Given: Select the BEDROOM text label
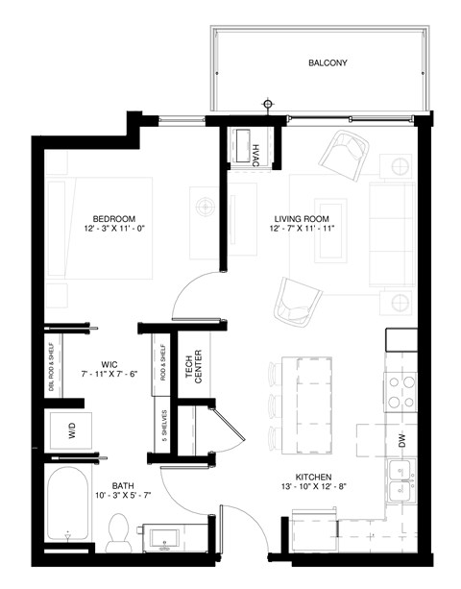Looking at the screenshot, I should pos(113,217).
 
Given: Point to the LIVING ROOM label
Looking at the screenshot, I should pos(303,219).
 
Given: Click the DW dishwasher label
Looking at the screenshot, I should pos(401,440).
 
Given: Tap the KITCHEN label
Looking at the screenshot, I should pos(314,477).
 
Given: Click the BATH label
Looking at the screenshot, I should pos(123,486).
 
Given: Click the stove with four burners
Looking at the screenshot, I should pos(400,390).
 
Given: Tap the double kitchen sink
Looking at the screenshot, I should pos(400,481).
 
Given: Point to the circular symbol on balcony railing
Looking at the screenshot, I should pos(268,104).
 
